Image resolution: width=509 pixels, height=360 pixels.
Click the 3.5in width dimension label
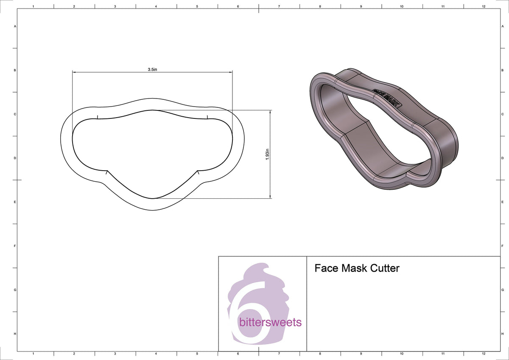point(152,69)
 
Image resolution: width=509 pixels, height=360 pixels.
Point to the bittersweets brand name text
point(270,322)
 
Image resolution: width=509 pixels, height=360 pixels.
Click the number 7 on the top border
point(279,7)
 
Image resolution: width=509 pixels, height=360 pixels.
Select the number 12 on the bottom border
point(484,353)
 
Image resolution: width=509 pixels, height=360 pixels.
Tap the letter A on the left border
point(15,26)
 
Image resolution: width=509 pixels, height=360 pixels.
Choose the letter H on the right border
point(502,334)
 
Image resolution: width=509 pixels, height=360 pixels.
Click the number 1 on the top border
point(33,7)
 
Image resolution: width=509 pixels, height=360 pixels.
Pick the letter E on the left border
point(15,202)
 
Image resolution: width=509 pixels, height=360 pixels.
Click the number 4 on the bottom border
point(156,353)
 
